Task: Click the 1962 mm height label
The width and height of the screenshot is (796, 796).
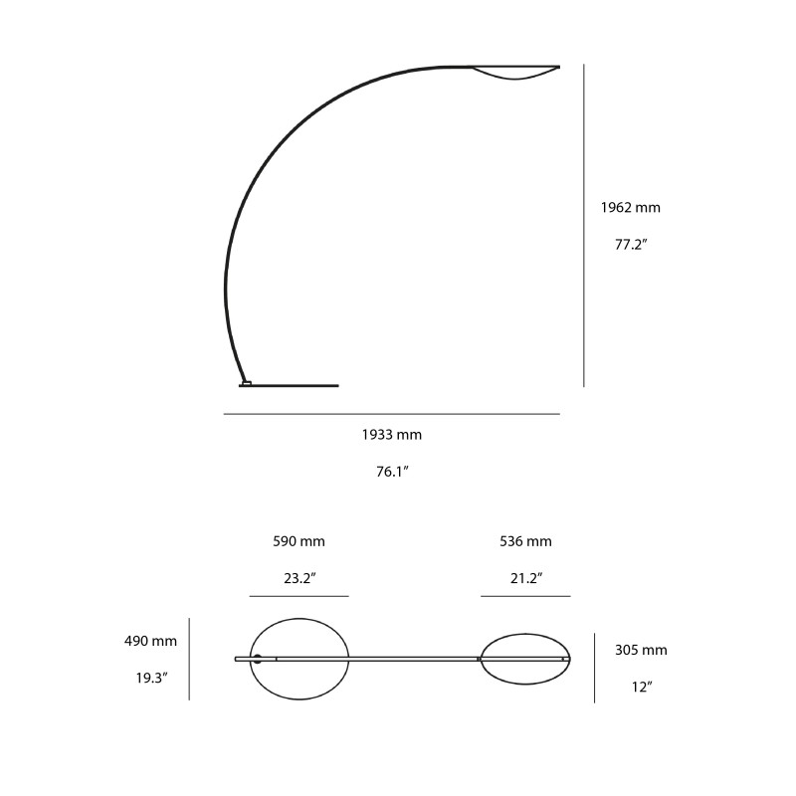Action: click(630, 208)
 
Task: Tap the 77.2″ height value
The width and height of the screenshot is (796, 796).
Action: click(631, 244)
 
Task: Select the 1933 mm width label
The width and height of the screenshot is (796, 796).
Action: click(392, 435)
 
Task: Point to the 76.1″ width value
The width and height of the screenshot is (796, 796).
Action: click(392, 472)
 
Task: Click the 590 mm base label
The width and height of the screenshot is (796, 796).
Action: click(298, 542)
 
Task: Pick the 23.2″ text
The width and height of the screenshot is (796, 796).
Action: click(298, 578)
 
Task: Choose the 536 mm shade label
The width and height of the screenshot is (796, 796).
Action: click(525, 542)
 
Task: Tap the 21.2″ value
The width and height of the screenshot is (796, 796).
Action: click(525, 578)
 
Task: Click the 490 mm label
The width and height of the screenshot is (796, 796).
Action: click(150, 641)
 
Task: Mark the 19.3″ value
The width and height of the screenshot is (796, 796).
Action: click(151, 678)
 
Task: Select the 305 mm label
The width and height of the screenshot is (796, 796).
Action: click(641, 651)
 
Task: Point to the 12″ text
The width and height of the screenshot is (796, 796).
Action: click(641, 687)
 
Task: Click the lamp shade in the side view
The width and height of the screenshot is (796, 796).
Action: click(515, 75)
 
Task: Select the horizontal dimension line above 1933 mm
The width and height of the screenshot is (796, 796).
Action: click(392, 414)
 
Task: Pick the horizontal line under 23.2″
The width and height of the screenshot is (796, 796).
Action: click(298, 596)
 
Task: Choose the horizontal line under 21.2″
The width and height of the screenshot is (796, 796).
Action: click(525, 596)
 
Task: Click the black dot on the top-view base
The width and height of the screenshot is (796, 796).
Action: click(257, 659)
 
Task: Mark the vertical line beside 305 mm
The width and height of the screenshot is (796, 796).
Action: click(595, 668)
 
